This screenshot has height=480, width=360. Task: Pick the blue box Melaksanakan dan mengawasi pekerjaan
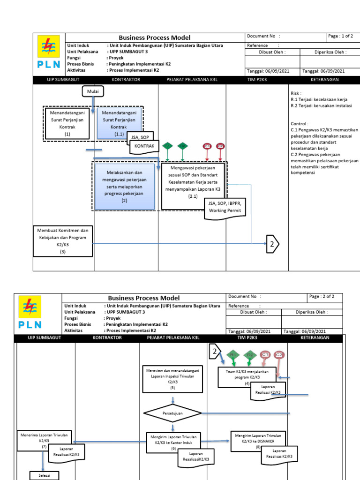point(124,186)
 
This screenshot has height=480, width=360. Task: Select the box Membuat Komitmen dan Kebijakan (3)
point(63,241)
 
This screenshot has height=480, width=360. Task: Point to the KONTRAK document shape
point(144,147)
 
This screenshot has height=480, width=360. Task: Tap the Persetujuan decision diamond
point(172,413)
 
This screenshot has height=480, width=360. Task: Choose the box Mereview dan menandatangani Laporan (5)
point(172,379)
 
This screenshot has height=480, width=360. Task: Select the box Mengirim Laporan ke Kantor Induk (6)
point(173,442)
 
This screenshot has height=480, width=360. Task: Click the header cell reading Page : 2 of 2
point(325,297)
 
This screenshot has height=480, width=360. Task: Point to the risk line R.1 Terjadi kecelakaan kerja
point(319,99)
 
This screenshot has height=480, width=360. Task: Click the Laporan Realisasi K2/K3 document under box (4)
point(268,389)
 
